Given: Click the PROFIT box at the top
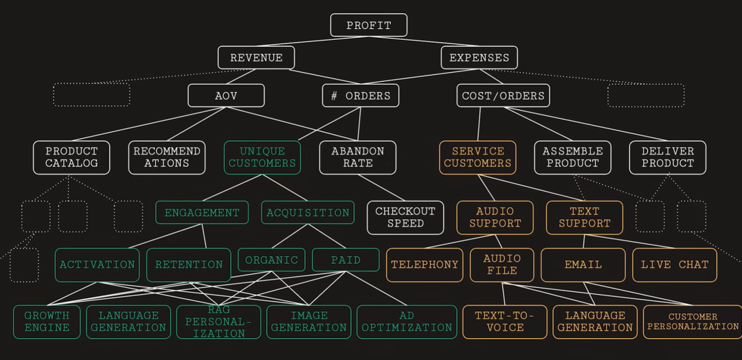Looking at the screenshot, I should pyautogui.click(x=368, y=25).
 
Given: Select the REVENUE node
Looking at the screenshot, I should pyautogui.click(x=256, y=58).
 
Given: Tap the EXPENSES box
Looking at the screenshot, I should pyautogui.click(x=479, y=58).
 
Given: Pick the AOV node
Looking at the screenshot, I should pyautogui.click(x=226, y=95).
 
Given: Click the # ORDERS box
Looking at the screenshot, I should pyautogui.click(x=361, y=95).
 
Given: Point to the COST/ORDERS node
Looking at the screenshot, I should pyautogui.click(x=503, y=95).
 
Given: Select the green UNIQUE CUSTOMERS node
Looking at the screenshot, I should pyautogui.click(x=262, y=157).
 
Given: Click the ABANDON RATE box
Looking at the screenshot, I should pyautogui.click(x=357, y=157).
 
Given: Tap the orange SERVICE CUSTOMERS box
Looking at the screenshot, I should pyautogui.click(x=477, y=157).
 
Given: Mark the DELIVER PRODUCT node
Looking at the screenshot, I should pyautogui.click(x=667, y=157).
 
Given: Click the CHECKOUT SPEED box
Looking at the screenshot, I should pyautogui.click(x=405, y=217).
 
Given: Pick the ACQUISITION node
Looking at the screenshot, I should pyautogui.click(x=308, y=212).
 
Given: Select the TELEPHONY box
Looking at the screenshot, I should pyautogui.click(x=425, y=265).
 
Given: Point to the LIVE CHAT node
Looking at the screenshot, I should pyautogui.click(x=674, y=265).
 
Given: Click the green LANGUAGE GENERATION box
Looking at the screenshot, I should pyautogui.click(x=128, y=322).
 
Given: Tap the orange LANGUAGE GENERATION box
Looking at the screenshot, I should pyautogui.click(x=594, y=322).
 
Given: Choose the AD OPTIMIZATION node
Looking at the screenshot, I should pyautogui.click(x=406, y=322).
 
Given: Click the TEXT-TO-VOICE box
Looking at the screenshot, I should pyautogui.click(x=504, y=322).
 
